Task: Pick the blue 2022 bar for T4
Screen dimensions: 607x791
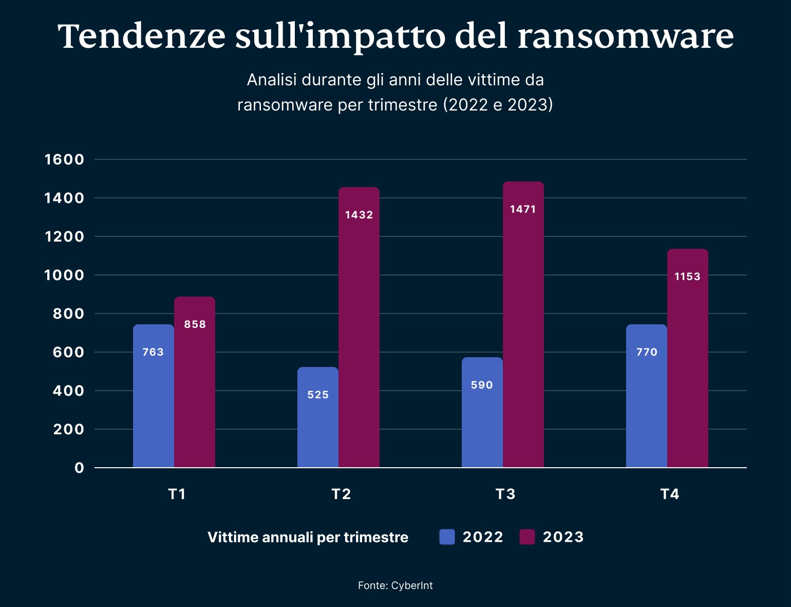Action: coord(646,406)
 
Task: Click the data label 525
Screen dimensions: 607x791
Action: coord(318,395)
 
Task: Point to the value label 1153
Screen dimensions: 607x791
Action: coord(687,277)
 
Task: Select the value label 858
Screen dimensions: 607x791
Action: coord(195,324)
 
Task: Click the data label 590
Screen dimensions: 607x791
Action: coord(482,385)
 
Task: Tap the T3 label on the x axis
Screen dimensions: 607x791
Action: coord(505,494)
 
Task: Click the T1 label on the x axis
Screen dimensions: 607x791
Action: coord(177,494)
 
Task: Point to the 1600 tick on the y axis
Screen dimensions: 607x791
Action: coord(64,159)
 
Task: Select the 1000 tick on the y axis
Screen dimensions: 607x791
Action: coord(64,275)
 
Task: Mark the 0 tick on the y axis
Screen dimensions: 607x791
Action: coord(79,468)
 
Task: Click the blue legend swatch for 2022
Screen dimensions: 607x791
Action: coord(447,537)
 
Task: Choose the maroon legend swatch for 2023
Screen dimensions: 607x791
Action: coord(527,537)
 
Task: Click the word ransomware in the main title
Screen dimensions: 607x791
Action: coord(625,36)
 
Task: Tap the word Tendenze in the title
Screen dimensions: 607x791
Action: coord(142,36)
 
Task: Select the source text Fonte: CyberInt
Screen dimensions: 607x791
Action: coord(395,585)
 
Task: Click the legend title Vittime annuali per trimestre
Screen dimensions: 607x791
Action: coord(308,537)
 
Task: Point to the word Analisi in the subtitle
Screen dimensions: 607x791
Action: coord(272,80)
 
